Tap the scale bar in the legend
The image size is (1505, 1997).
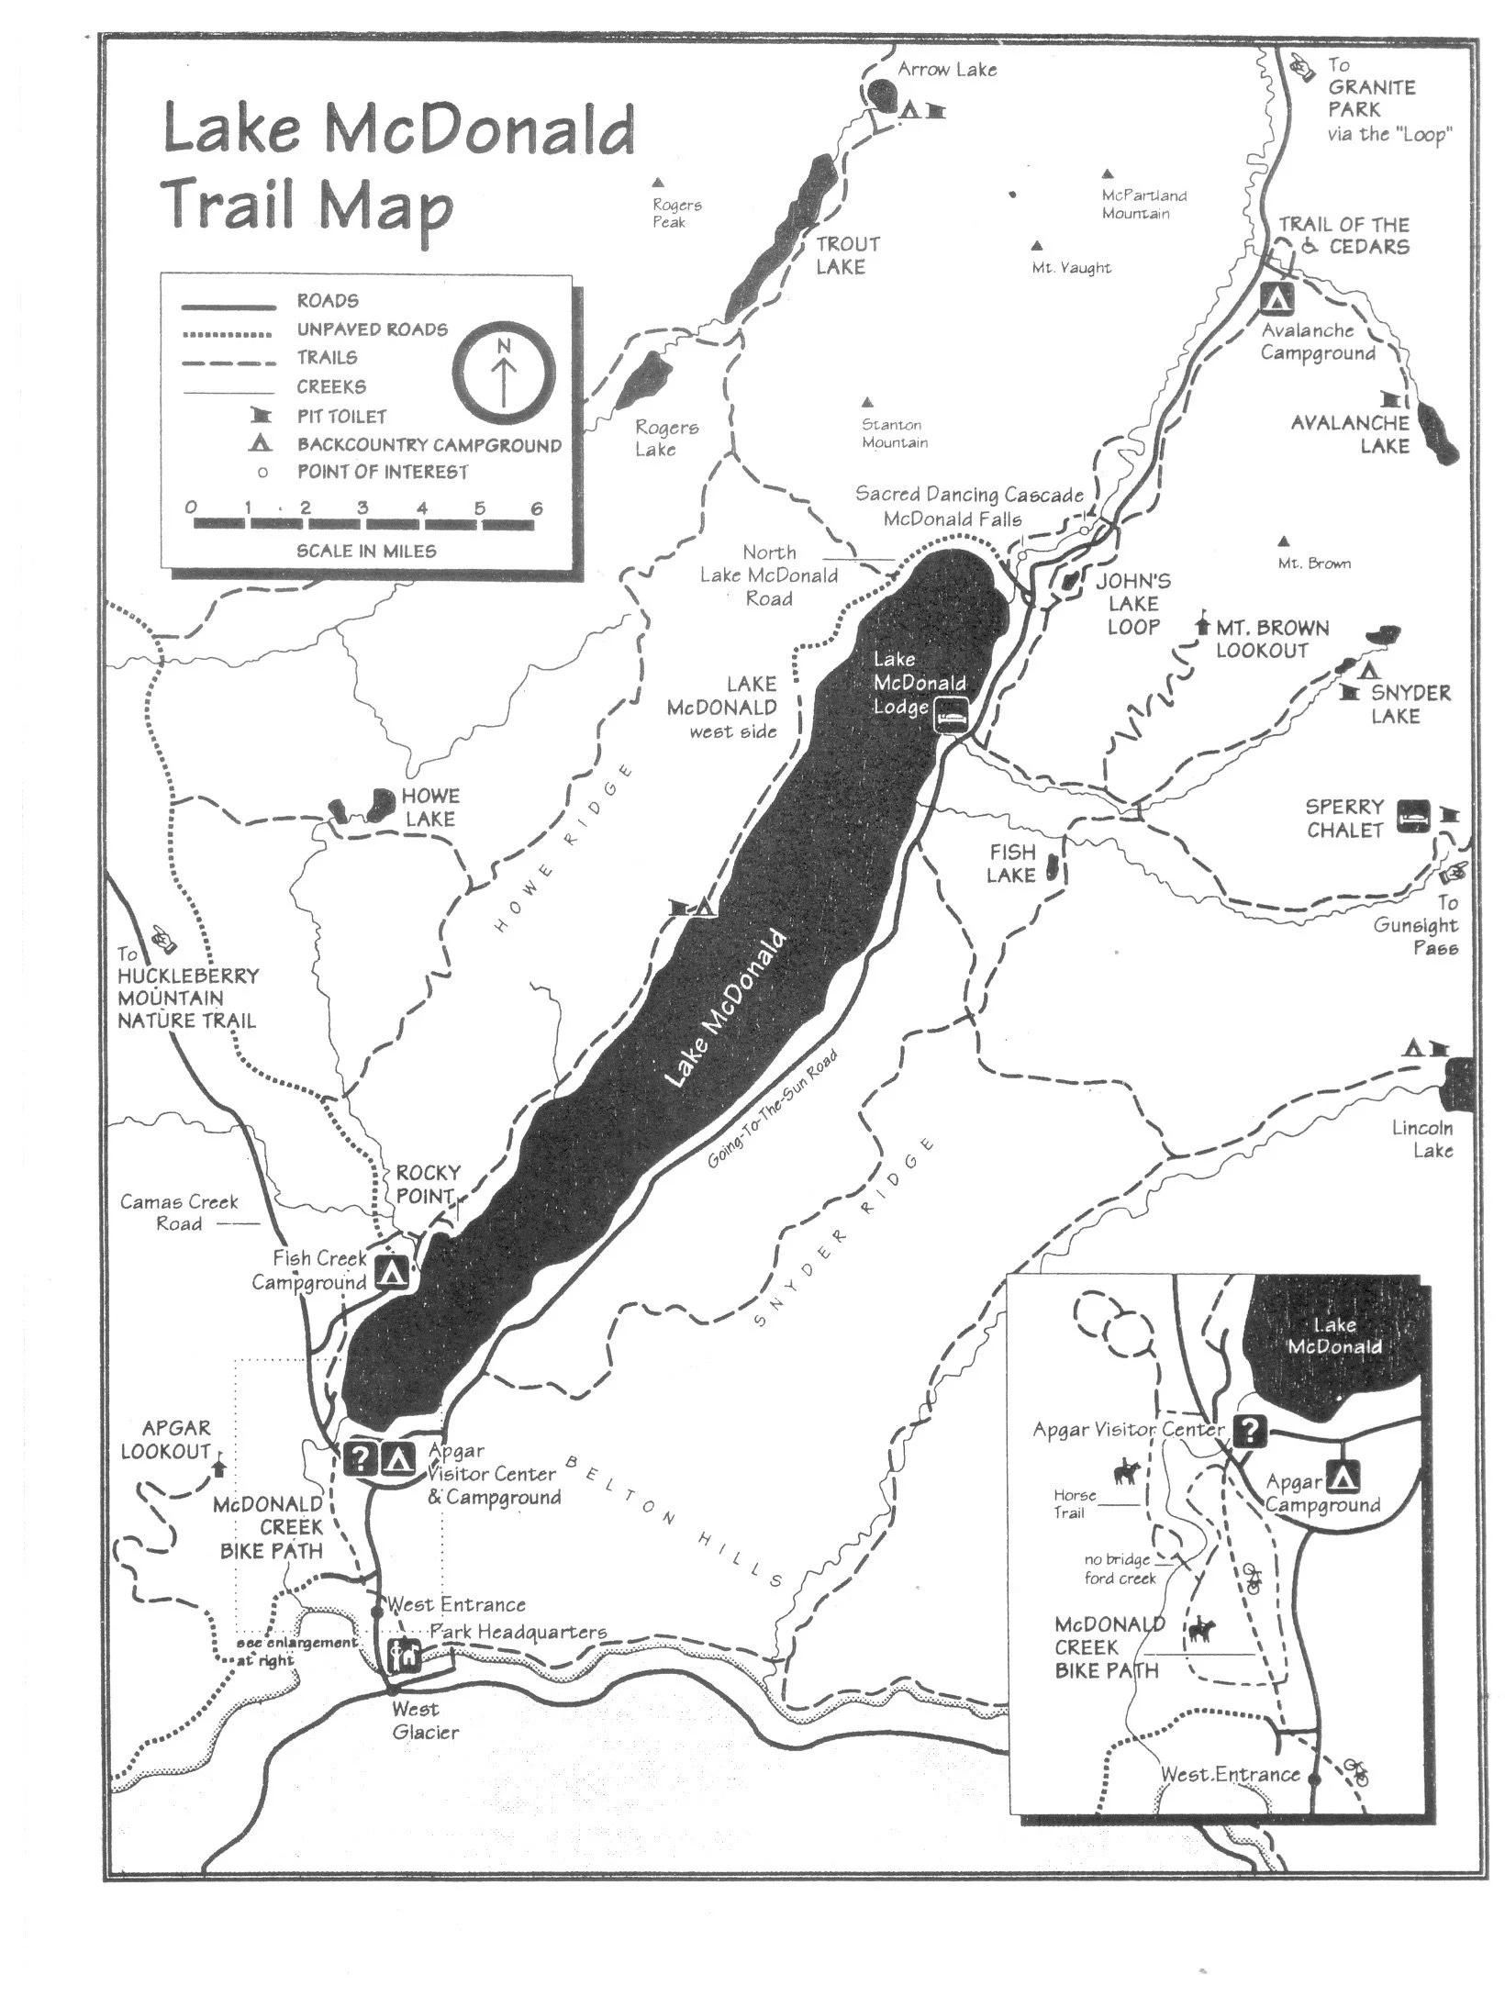pos(363,524)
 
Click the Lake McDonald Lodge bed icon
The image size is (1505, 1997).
pos(952,713)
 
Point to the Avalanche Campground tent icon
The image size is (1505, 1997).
pos(1276,297)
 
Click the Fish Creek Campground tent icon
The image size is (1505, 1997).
pos(393,1273)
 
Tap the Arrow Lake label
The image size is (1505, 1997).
pos(946,70)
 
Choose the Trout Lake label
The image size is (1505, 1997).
pos(847,255)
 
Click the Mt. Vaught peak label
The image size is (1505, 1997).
pos(1071,268)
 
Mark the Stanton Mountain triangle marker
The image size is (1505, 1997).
pos(867,402)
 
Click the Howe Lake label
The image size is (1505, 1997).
pos(429,808)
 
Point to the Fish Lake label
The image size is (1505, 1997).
pos(1011,864)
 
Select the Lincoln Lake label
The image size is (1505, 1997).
pos(1421,1139)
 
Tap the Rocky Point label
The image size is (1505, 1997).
pos(427,1184)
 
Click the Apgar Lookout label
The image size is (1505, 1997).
pos(165,1440)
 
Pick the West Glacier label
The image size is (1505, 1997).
pos(424,1720)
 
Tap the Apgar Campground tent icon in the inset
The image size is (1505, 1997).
pos(1343,1477)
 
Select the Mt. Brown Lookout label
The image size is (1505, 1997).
pos(1272,640)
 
